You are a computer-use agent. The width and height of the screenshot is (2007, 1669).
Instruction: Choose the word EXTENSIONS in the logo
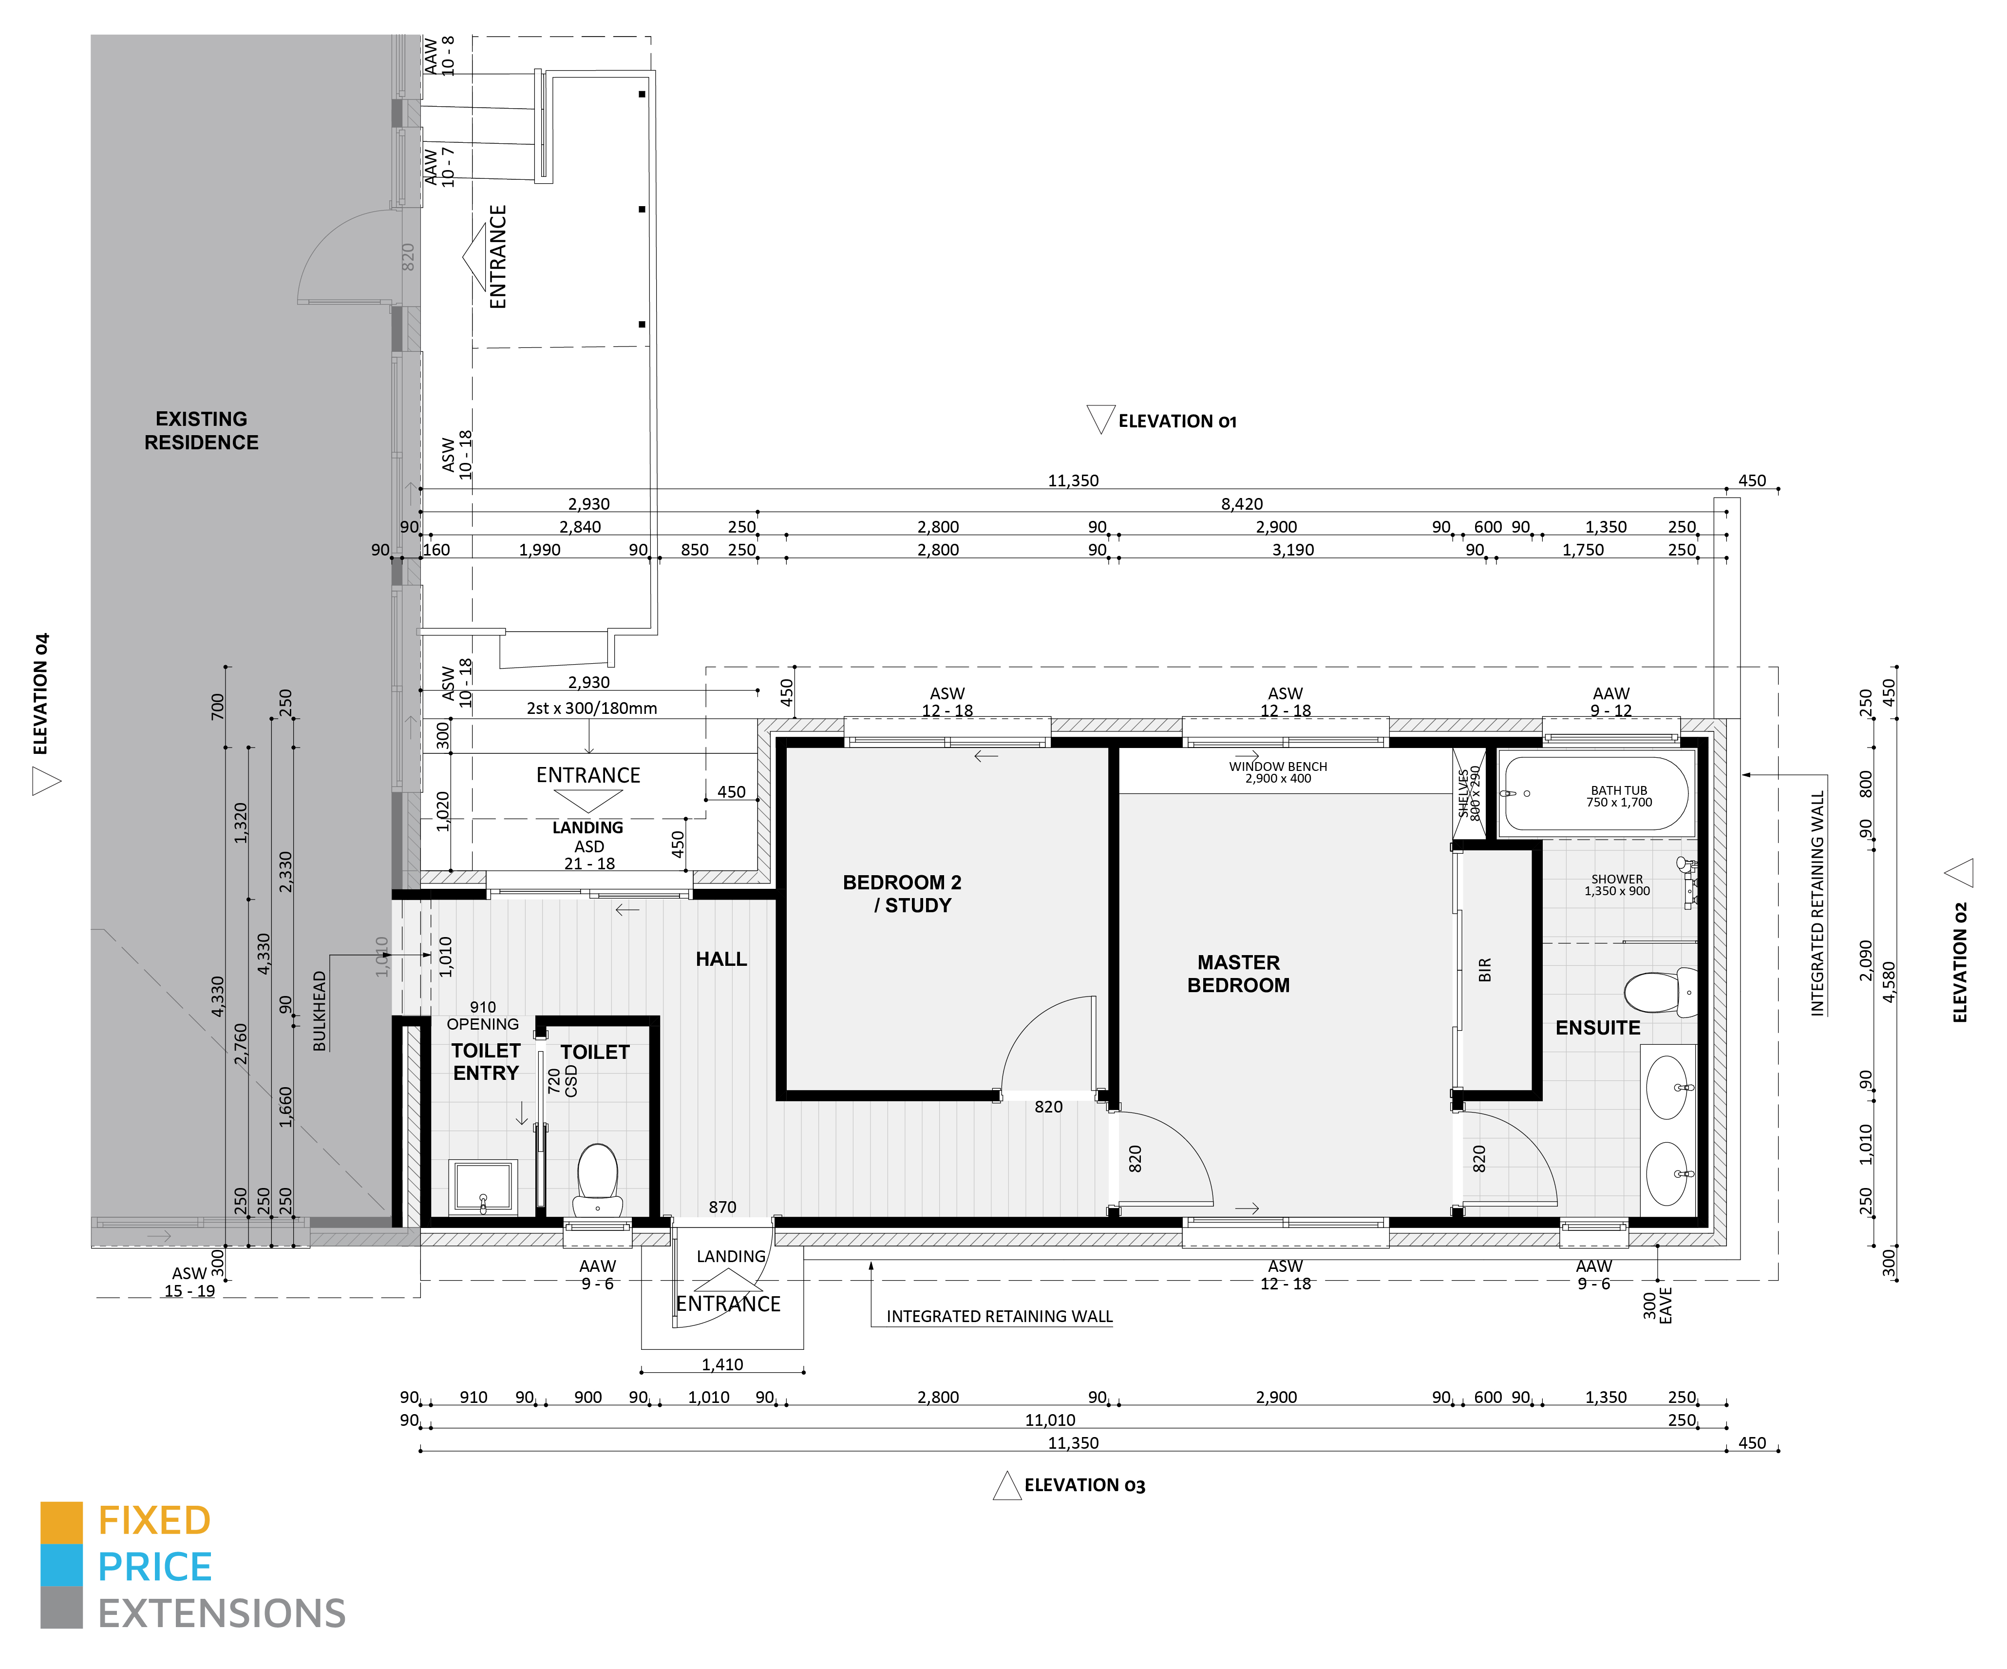[x=222, y=1613]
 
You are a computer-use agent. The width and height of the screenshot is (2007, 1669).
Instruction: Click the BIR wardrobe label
[x=1484, y=969]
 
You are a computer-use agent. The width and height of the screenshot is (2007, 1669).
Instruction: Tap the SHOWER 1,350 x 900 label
[x=1617, y=885]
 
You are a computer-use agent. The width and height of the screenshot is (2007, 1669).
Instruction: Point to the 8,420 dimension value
[x=1242, y=504]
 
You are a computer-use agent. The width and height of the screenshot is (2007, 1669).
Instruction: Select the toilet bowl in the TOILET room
[x=597, y=1180]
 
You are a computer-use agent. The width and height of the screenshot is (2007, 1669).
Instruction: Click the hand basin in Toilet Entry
[x=484, y=1186]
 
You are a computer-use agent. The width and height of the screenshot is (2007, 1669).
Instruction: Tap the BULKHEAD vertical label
[x=320, y=1011]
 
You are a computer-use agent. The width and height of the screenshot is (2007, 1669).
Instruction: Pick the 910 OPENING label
[x=483, y=1015]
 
